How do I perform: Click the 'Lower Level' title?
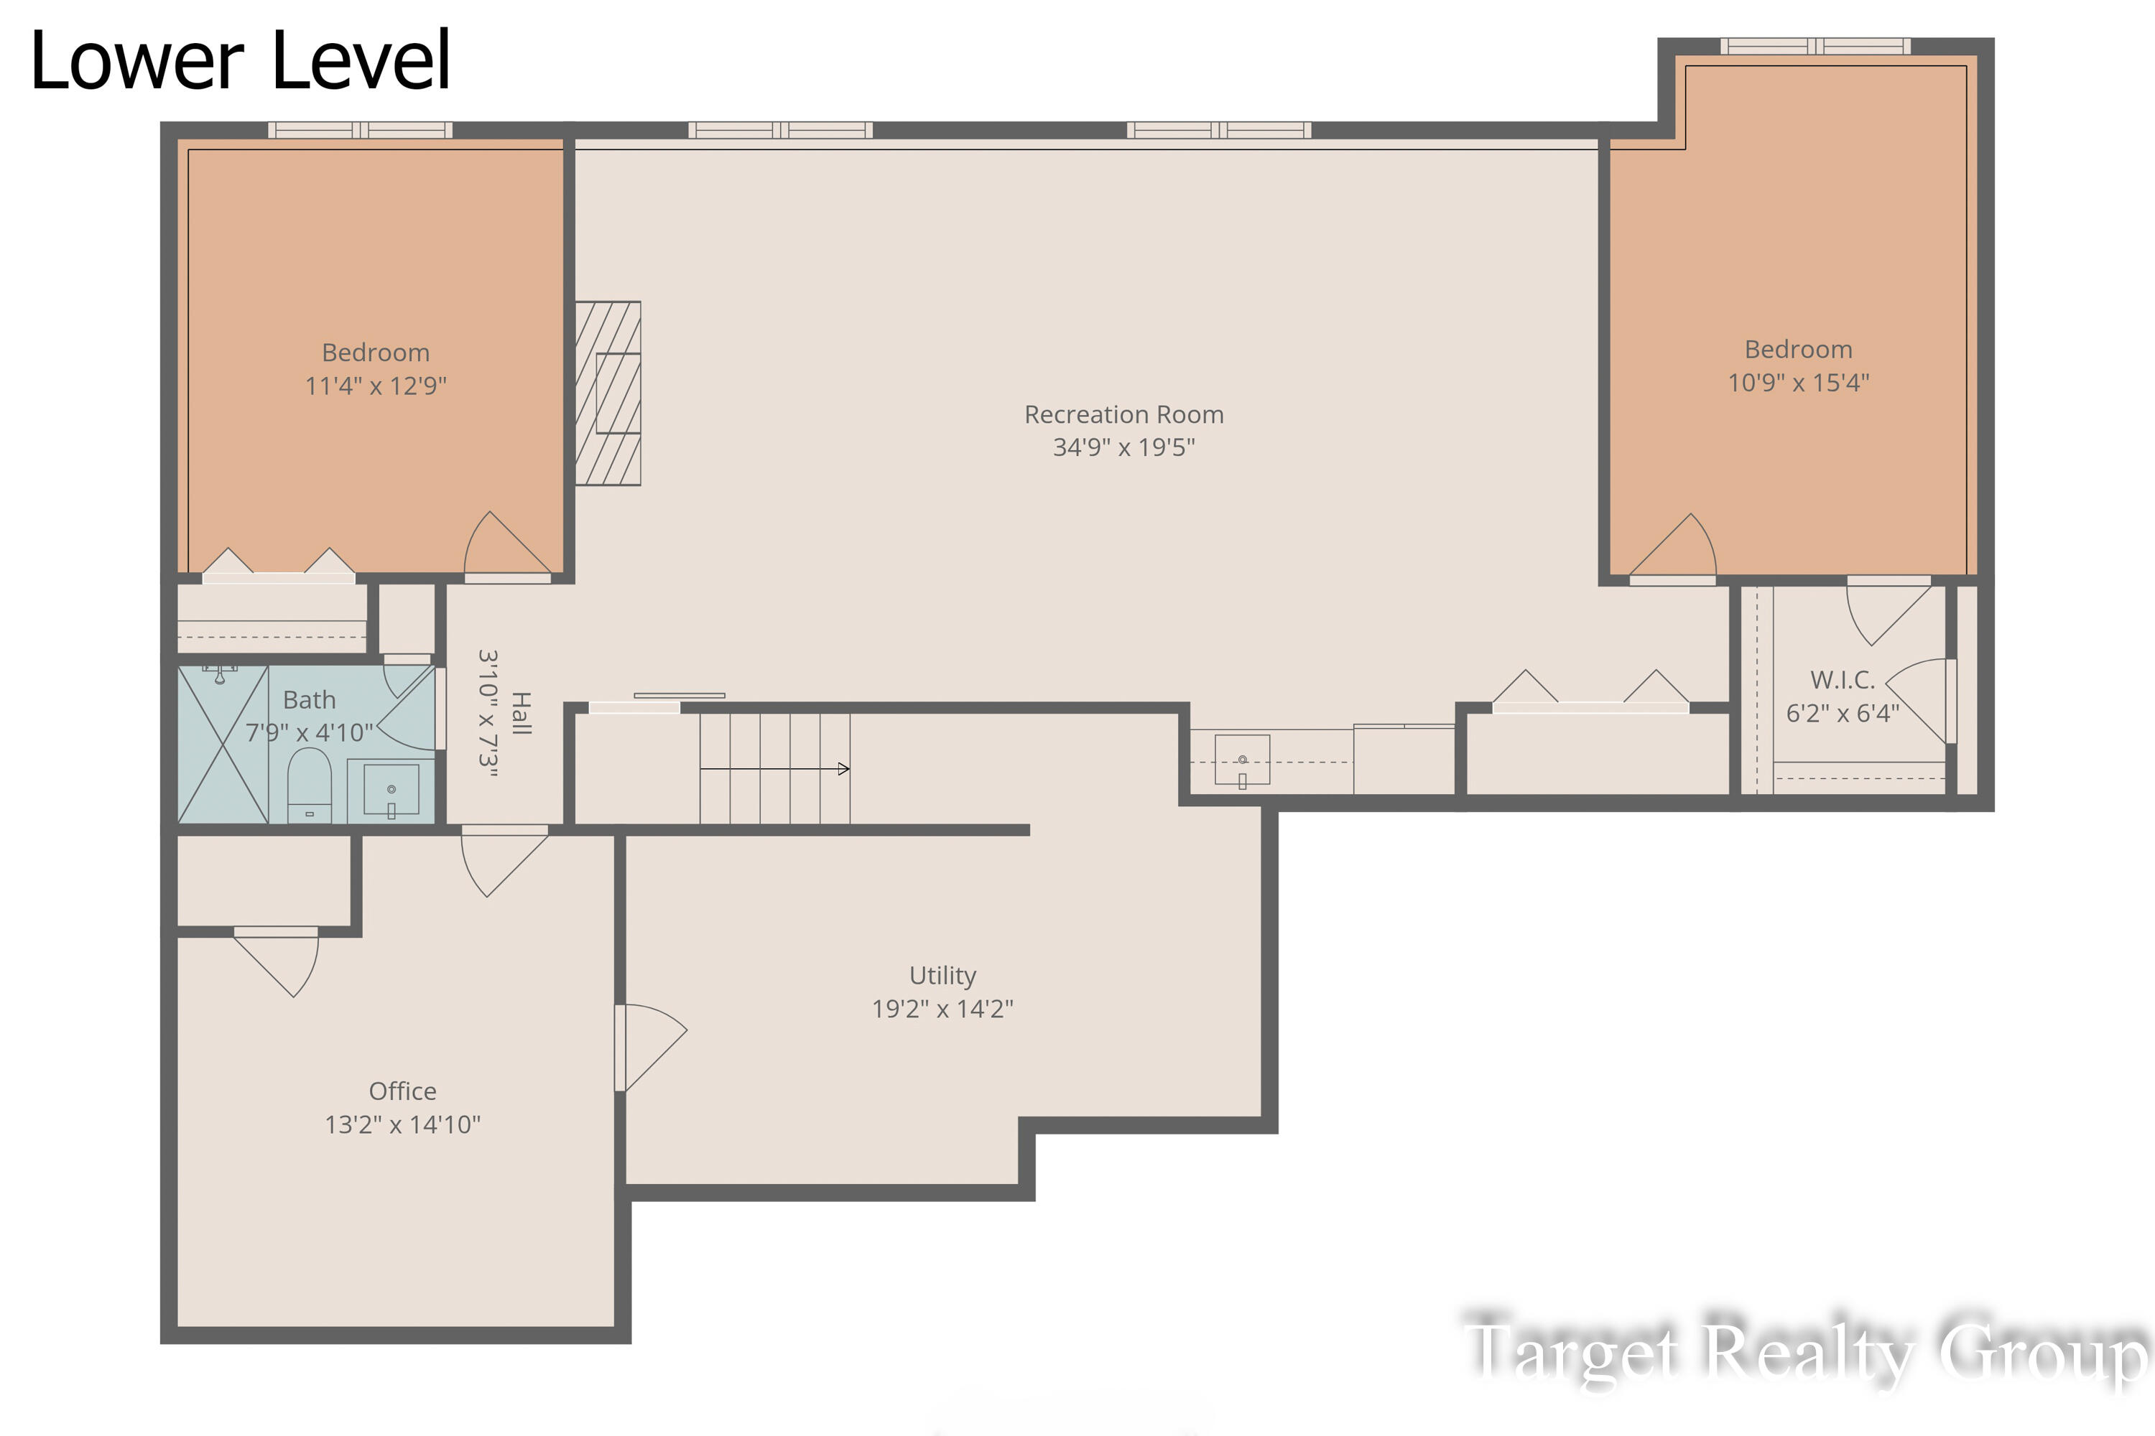coord(240,60)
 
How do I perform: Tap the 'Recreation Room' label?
coord(1123,415)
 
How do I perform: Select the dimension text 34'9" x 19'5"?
coord(1123,447)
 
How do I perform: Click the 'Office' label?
coord(402,1091)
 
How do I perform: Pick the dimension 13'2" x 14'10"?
coord(402,1124)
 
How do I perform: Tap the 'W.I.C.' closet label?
coord(1842,679)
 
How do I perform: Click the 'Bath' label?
coord(309,699)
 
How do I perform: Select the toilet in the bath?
coord(310,785)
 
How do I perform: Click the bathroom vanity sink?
coord(391,789)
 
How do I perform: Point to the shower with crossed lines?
coord(223,744)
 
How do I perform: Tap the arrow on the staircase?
coord(775,768)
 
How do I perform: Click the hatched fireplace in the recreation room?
coord(608,393)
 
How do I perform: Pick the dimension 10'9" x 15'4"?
coord(1798,382)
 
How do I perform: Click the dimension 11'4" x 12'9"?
coord(376,386)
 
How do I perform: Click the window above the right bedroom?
coord(1815,46)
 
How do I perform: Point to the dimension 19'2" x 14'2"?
coord(942,1008)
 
